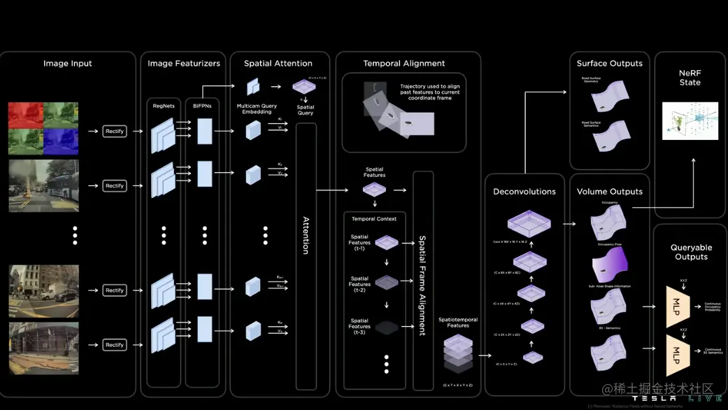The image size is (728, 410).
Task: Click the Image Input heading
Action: [67, 64]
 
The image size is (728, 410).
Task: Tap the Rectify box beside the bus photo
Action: [114, 186]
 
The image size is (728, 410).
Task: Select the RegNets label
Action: [164, 106]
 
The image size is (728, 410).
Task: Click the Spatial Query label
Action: [305, 110]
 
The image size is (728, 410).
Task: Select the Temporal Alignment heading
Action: [404, 64]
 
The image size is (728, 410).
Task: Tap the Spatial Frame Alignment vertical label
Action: [422, 285]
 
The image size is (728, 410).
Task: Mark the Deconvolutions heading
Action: [524, 192]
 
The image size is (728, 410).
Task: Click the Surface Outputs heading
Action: [609, 64]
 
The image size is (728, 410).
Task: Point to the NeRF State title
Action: [690, 77]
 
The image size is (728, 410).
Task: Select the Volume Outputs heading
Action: [609, 192]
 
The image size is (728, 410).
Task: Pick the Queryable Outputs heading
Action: [691, 252]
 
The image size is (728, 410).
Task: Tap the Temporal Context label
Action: [374, 219]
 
